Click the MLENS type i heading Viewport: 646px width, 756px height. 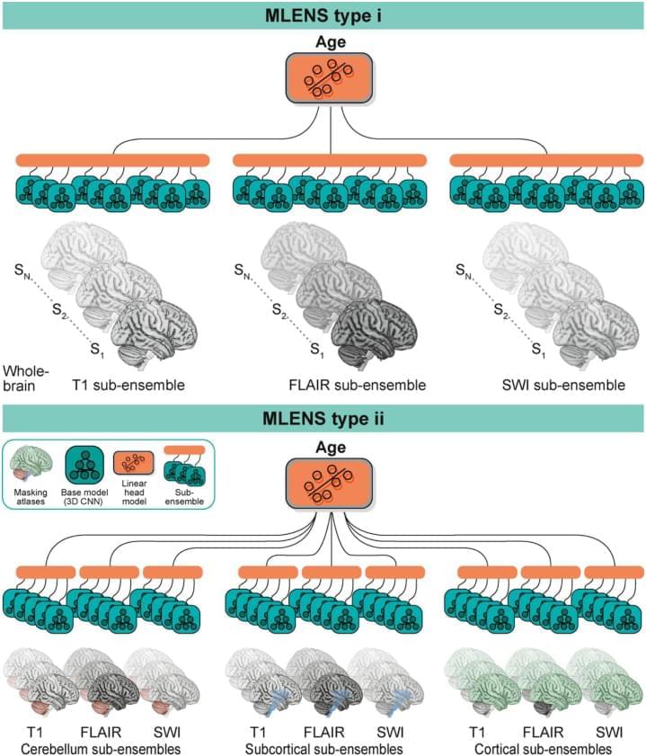[x=323, y=15]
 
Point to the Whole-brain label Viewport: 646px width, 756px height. [x=25, y=378]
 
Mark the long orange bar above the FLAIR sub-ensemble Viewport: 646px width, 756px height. [x=330, y=160]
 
